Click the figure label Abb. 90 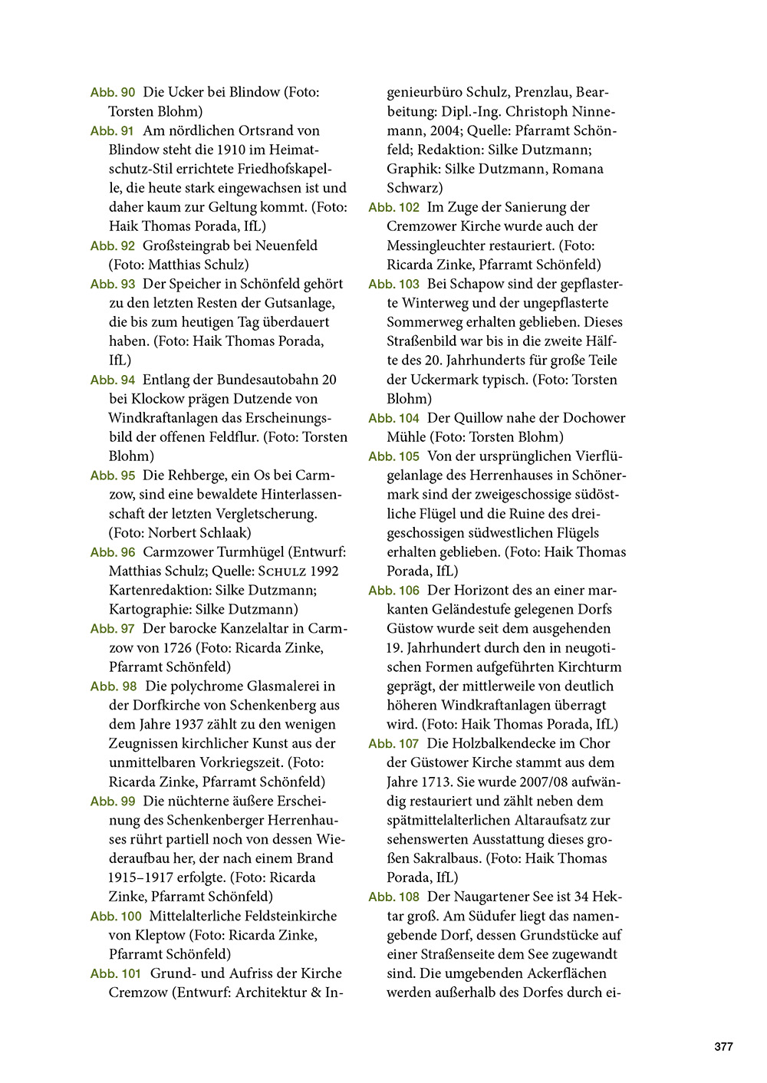(x=113, y=93)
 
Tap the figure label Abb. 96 (x=113, y=552)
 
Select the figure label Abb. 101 (x=116, y=974)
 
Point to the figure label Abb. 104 (x=393, y=419)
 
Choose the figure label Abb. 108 (x=393, y=897)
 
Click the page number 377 (x=723, y=1047)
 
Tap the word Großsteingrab (x=192, y=245)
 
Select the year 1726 (x=177, y=648)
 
